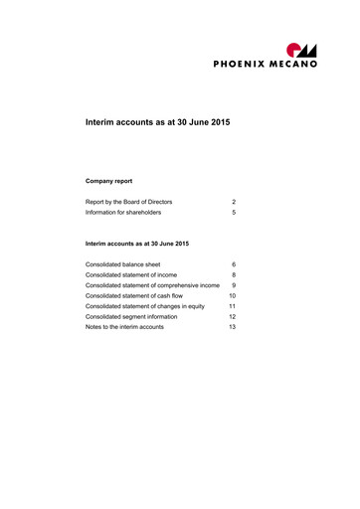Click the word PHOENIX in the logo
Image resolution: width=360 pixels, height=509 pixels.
pos(242,63)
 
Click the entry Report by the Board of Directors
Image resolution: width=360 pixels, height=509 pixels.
pos(129,201)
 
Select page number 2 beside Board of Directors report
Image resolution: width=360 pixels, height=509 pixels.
pos(233,201)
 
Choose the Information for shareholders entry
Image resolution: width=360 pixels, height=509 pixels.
pos(123,213)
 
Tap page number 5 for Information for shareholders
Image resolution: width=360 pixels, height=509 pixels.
pos(233,213)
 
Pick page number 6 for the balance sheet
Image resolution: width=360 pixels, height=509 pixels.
pos(233,263)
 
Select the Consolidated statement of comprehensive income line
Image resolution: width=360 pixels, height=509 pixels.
pos(152,286)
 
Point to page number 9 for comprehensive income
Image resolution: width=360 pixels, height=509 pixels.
pos(233,286)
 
